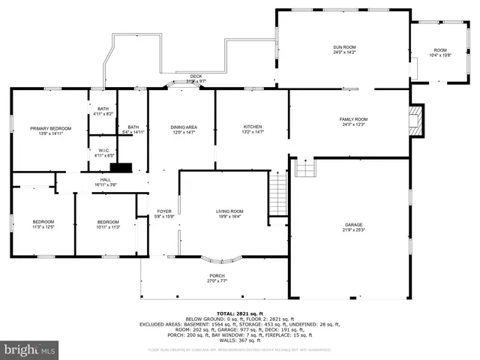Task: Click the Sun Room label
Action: [344, 50]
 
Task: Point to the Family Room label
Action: [353, 122]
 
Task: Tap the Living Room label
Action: [229, 214]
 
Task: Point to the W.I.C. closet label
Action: [103, 152]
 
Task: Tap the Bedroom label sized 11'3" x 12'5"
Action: [43, 223]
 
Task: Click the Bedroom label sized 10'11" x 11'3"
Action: [108, 223]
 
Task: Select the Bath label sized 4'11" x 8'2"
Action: [103, 111]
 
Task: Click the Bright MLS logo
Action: [29, 350]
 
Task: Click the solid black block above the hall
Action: [120, 168]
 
